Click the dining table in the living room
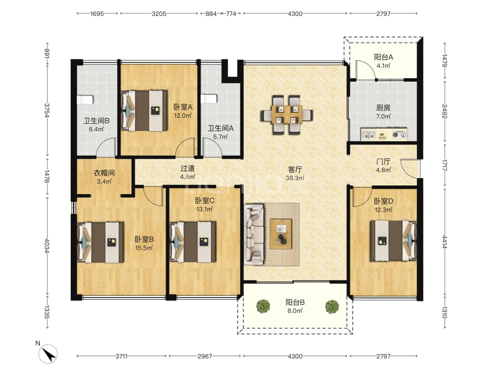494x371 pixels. (287, 115)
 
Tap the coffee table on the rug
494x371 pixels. (281, 234)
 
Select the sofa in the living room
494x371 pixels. (254, 234)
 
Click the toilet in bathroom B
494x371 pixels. (85, 100)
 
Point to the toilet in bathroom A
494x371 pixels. (209, 98)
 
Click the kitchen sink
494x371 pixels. (369, 135)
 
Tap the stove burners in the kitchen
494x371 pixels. (400, 135)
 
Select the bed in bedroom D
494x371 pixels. (393, 241)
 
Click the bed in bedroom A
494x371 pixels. (144, 111)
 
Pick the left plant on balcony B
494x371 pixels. (263, 306)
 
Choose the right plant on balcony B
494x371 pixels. (332, 306)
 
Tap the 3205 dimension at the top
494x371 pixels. (159, 13)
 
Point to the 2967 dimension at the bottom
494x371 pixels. (205, 356)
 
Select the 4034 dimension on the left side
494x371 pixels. (47, 246)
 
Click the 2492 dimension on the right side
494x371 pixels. (445, 111)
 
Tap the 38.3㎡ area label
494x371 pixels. (295, 178)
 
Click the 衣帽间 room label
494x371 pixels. (104, 173)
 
